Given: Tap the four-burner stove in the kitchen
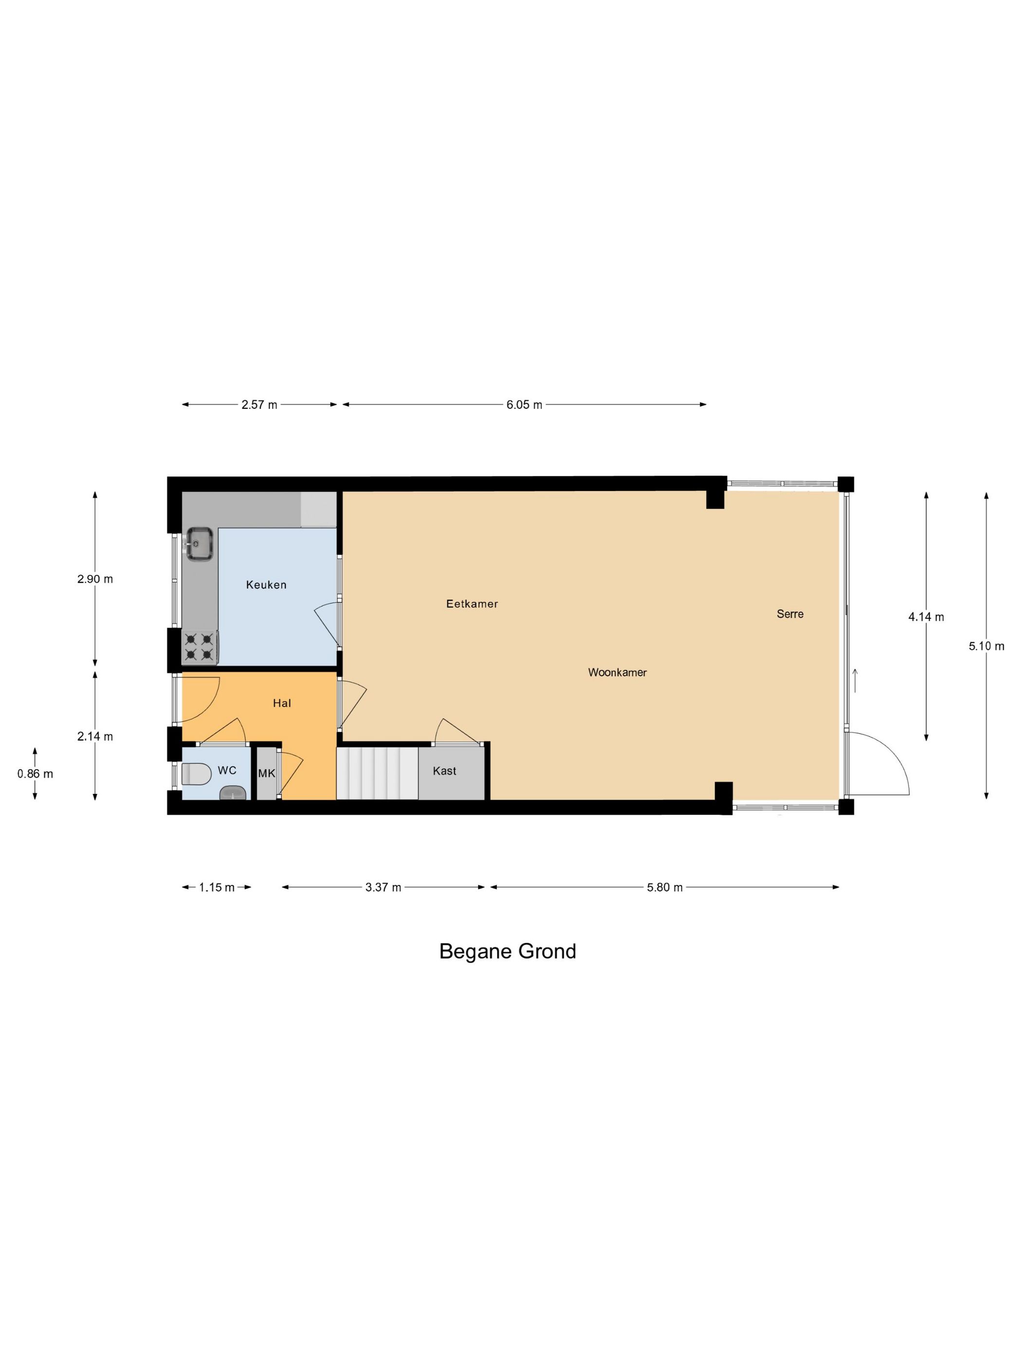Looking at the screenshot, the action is tap(200, 646).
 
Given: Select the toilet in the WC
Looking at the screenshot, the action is tap(196, 774).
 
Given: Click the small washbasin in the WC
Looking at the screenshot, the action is tap(233, 793).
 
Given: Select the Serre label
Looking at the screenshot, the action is tap(790, 614).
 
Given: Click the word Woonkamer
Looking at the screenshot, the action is tap(617, 672).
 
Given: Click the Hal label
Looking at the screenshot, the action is tap(281, 703).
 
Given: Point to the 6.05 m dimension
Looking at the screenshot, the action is tap(524, 405).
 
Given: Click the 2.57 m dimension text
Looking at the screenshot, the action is tap(259, 405).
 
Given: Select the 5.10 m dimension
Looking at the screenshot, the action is tap(986, 646).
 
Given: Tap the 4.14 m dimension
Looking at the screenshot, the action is tap(926, 617).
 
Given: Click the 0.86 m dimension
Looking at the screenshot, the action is tap(35, 774).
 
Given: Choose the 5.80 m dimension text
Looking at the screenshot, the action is tap(665, 887).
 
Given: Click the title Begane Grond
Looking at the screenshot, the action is tap(508, 951).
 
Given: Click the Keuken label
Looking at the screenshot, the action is tap(266, 585).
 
